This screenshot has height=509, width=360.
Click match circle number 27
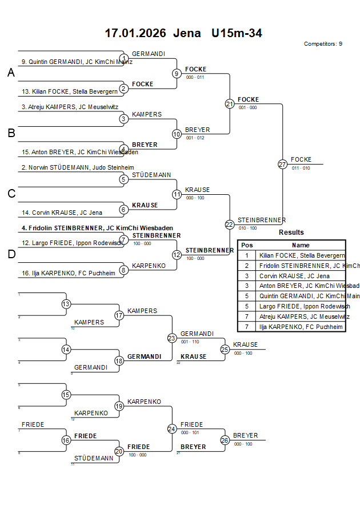click(x=282, y=165)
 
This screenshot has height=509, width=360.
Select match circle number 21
click(x=229, y=104)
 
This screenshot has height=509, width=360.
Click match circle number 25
click(x=225, y=349)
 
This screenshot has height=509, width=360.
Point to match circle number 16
click(x=66, y=440)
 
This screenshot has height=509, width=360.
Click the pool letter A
click(x=11, y=73)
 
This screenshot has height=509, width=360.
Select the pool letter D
click(x=11, y=255)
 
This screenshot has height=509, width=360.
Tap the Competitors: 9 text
click(x=323, y=44)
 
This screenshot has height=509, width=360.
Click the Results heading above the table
click(x=291, y=233)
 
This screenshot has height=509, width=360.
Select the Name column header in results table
click(x=301, y=245)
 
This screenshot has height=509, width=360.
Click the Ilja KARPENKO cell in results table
click(x=301, y=327)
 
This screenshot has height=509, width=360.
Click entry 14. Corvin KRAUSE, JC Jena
click(x=62, y=213)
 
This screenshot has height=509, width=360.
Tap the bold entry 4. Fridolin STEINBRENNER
click(x=97, y=228)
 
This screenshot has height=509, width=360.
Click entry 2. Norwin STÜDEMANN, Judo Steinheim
click(x=69, y=167)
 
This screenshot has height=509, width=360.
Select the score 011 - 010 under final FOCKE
click(x=301, y=168)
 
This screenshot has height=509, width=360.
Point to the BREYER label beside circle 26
click(x=246, y=435)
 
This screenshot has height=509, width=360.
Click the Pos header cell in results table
click(x=247, y=245)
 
